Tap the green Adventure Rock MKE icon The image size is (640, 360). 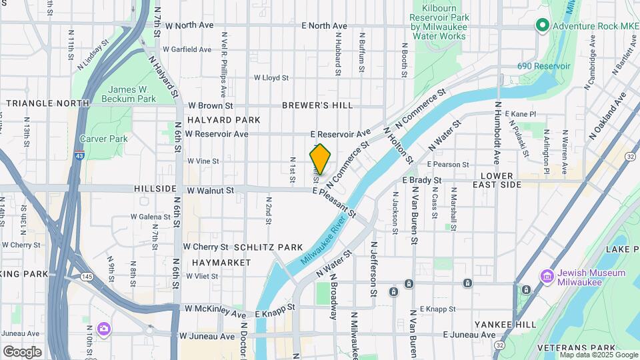tap(543, 26)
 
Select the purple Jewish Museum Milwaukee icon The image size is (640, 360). tap(547, 277)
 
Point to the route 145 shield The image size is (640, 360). tap(87, 275)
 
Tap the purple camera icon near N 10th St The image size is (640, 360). tap(103, 328)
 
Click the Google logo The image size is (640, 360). tap(22, 351)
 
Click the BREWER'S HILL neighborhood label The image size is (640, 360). tap(317, 105)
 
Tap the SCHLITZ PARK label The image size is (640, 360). tap(269, 247)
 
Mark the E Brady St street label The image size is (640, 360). tap(422, 180)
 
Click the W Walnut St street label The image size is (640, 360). tap(210, 191)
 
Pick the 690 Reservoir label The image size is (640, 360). tap(543, 67)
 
